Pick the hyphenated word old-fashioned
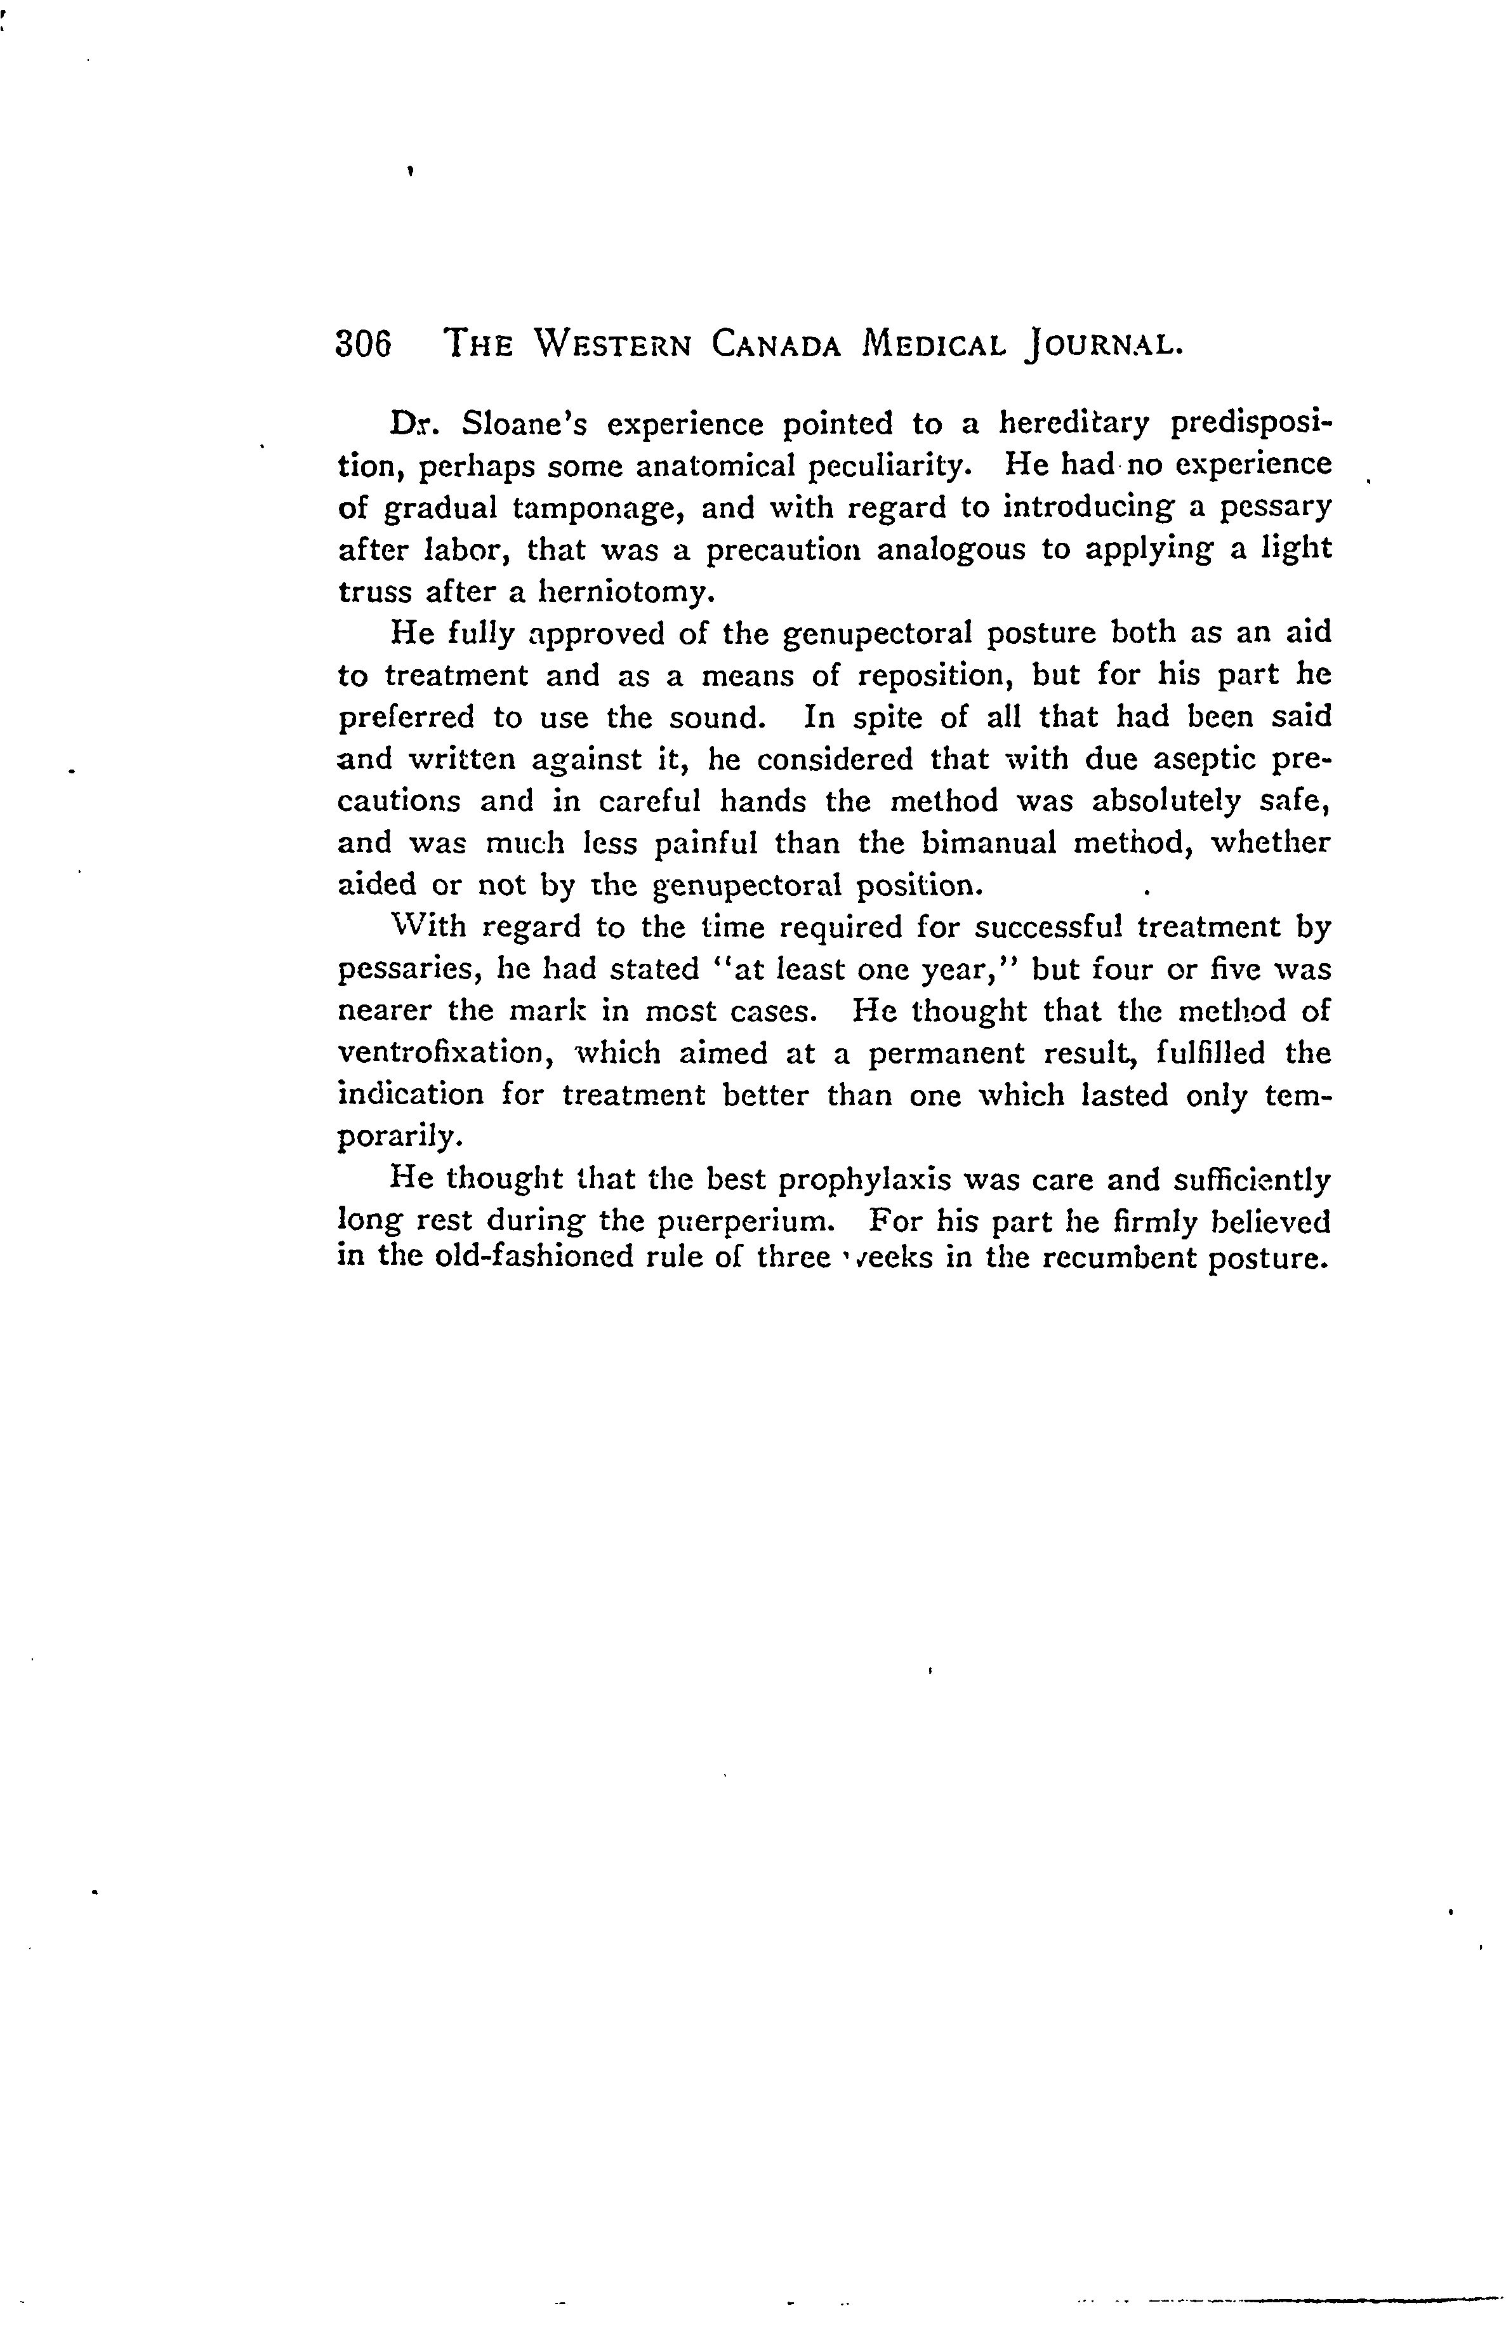coord(534,1256)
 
